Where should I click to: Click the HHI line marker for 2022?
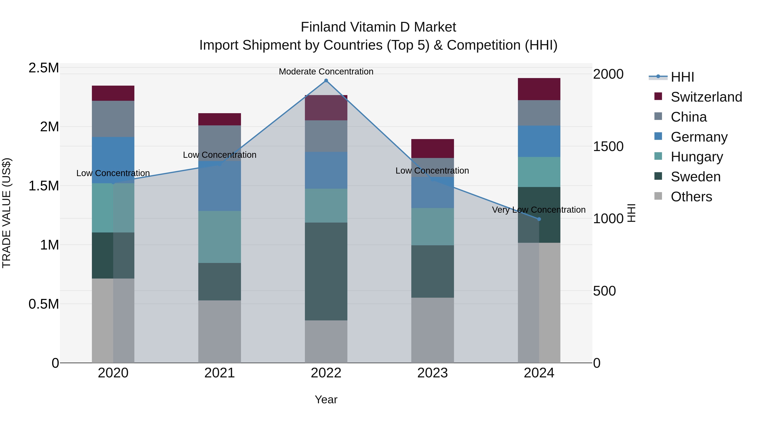pyautogui.click(x=326, y=81)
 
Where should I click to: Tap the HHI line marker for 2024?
pyautogui.click(x=539, y=219)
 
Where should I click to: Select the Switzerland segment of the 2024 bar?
pyautogui.click(x=539, y=89)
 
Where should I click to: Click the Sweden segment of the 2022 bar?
pyautogui.click(x=326, y=271)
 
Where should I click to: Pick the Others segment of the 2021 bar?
pyautogui.click(x=220, y=331)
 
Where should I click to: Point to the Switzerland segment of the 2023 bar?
pyautogui.click(x=432, y=149)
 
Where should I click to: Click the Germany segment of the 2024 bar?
pyautogui.click(x=539, y=141)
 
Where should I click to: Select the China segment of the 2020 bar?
pyautogui.click(x=113, y=119)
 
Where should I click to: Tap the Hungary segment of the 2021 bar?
pyautogui.click(x=220, y=237)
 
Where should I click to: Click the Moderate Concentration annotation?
pyautogui.click(x=326, y=72)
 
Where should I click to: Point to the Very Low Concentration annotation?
pyautogui.click(x=539, y=210)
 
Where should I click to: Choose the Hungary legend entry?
pyautogui.click(x=696, y=157)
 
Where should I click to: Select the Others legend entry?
pyautogui.click(x=691, y=197)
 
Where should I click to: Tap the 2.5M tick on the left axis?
pyautogui.click(x=44, y=68)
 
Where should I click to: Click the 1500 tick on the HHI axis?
pyautogui.click(x=608, y=146)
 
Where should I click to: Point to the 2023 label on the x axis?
pyautogui.click(x=432, y=373)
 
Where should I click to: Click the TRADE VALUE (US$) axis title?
pyautogui.click(x=7, y=213)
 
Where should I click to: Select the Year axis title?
pyautogui.click(x=326, y=399)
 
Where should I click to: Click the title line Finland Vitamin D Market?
pyautogui.click(x=378, y=27)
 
